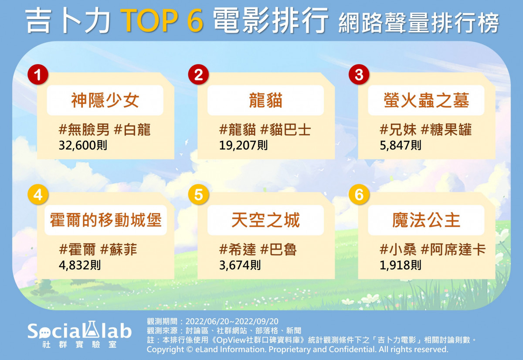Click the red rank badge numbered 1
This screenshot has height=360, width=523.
pos(37,75)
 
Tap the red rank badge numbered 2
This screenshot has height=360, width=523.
pos(198,75)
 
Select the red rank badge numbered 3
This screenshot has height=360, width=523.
pos(359,75)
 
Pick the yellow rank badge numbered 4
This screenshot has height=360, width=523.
pos(37,194)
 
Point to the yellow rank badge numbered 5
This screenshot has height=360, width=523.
pos(198,194)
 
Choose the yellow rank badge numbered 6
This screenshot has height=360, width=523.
pos(359,194)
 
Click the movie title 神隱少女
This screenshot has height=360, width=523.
pos(105,100)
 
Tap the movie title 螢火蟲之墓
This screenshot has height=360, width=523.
pos(426,100)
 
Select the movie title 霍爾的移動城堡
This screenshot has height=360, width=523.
pos(105,220)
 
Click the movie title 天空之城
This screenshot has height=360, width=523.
pos(265,220)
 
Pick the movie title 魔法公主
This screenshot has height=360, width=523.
pos(426,220)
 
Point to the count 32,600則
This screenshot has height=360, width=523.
pos(83,145)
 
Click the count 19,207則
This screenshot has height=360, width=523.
pos(243,145)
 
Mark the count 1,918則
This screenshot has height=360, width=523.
pos(401,265)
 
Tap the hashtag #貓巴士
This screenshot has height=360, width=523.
pos(285,129)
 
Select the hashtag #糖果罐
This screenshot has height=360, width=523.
pos(446,129)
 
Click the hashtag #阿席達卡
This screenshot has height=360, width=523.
pos(453,250)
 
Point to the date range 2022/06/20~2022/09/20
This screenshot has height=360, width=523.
pos(232,322)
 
